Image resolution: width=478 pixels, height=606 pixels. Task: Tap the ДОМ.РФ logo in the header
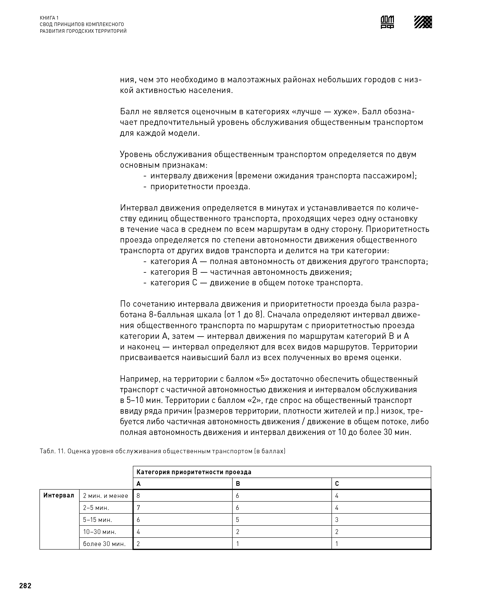point(387,22)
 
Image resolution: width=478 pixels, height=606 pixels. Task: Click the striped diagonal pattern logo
point(423,22)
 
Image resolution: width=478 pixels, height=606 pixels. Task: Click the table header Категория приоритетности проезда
point(194,472)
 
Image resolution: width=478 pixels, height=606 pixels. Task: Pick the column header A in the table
point(139,483)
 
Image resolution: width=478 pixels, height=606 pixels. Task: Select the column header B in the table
point(238,483)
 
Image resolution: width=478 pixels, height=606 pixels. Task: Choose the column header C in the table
point(337,483)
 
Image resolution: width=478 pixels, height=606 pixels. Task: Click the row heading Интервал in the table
point(59,495)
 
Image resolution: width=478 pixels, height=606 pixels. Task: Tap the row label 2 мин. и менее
point(105,496)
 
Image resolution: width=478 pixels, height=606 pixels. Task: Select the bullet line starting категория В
point(251,272)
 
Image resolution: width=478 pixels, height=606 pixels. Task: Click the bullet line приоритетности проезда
point(200,186)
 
